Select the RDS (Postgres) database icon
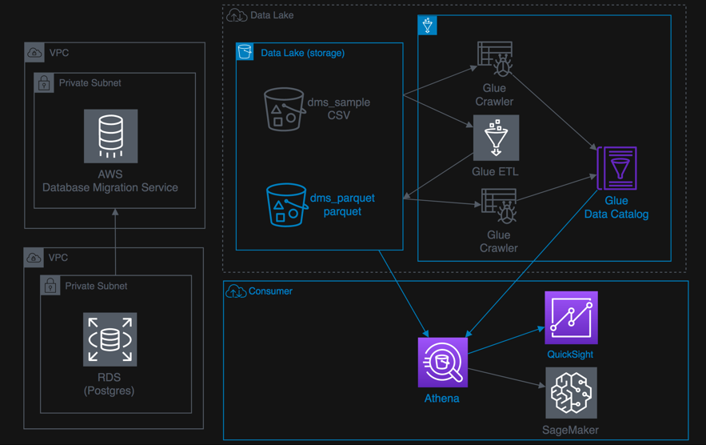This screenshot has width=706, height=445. tap(110, 339)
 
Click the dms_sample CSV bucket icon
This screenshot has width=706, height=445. tap(284, 109)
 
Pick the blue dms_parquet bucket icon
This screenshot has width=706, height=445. tap(286, 205)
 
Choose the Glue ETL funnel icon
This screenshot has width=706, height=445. tap(497, 138)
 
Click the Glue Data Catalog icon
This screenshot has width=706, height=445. tap(617, 168)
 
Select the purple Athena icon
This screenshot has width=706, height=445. tap(442, 362)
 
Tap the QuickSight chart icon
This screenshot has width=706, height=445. tap(571, 318)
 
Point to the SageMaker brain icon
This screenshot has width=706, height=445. tap(571, 393)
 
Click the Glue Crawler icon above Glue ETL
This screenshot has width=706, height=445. tap(495, 59)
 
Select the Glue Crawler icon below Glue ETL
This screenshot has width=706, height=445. tap(498, 206)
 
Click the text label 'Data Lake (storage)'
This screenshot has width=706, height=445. tap(302, 54)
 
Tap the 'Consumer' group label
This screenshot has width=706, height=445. tap(270, 291)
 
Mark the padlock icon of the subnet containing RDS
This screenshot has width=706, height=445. tap(50, 286)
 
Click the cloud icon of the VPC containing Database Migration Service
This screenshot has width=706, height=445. tap(34, 53)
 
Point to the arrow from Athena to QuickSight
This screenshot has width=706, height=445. tap(505, 340)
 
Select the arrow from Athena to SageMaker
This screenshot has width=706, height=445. tap(505, 378)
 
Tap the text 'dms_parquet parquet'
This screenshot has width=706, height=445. tap(342, 205)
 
